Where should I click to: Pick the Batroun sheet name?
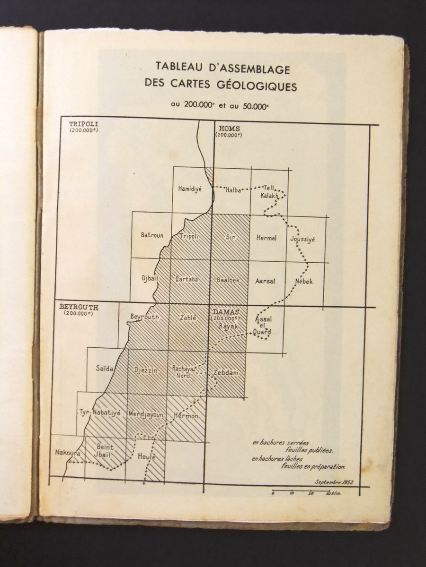pyautogui.click(x=152, y=235)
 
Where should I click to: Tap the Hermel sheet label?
pyautogui.click(x=266, y=238)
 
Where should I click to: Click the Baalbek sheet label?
pyautogui.click(x=228, y=280)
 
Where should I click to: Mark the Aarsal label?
pyautogui.click(x=265, y=281)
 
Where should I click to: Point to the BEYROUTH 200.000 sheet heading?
pyautogui.click(x=79, y=306)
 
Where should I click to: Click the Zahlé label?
pyautogui.click(x=188, y=318)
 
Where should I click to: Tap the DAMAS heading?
pyautogui.click(x=226, y=312)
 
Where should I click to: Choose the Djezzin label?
pyautogui.click(x=146, y=370)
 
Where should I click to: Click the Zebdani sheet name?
pyautogui.click(x=227, y=373)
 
